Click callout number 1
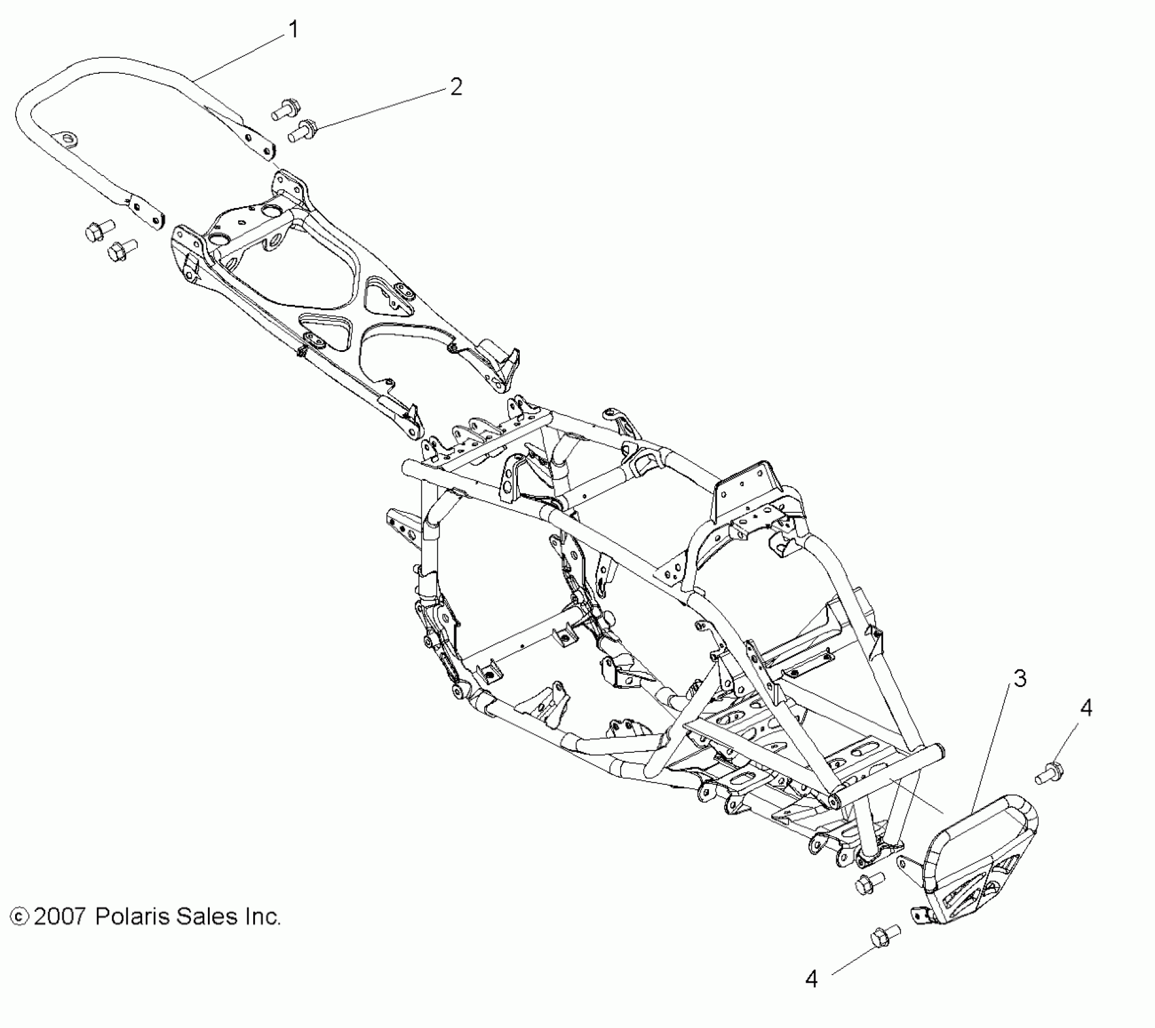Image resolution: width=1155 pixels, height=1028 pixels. [293, 29]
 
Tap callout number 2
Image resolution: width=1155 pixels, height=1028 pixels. [456, 87]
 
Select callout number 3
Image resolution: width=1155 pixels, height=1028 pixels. [1020, 679]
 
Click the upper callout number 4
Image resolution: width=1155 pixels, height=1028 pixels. [1086, 708]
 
